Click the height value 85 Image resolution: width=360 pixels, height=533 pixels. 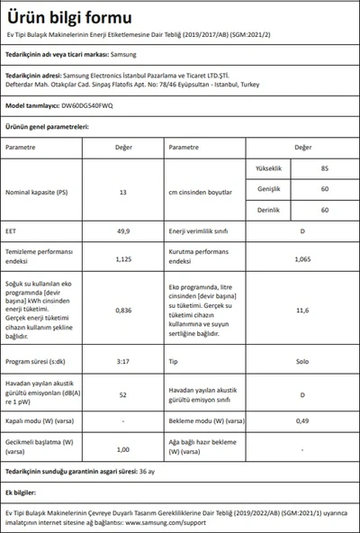[298, 168]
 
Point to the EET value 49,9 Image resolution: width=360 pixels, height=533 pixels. [122, 230]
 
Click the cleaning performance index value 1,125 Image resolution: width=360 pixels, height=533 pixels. [122, 258]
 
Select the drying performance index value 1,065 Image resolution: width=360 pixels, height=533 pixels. [302, 258]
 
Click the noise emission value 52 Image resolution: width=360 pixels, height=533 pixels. [122, 393]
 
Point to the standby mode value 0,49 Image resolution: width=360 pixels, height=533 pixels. [302, 421]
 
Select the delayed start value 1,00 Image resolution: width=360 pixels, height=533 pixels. [122, 448]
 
